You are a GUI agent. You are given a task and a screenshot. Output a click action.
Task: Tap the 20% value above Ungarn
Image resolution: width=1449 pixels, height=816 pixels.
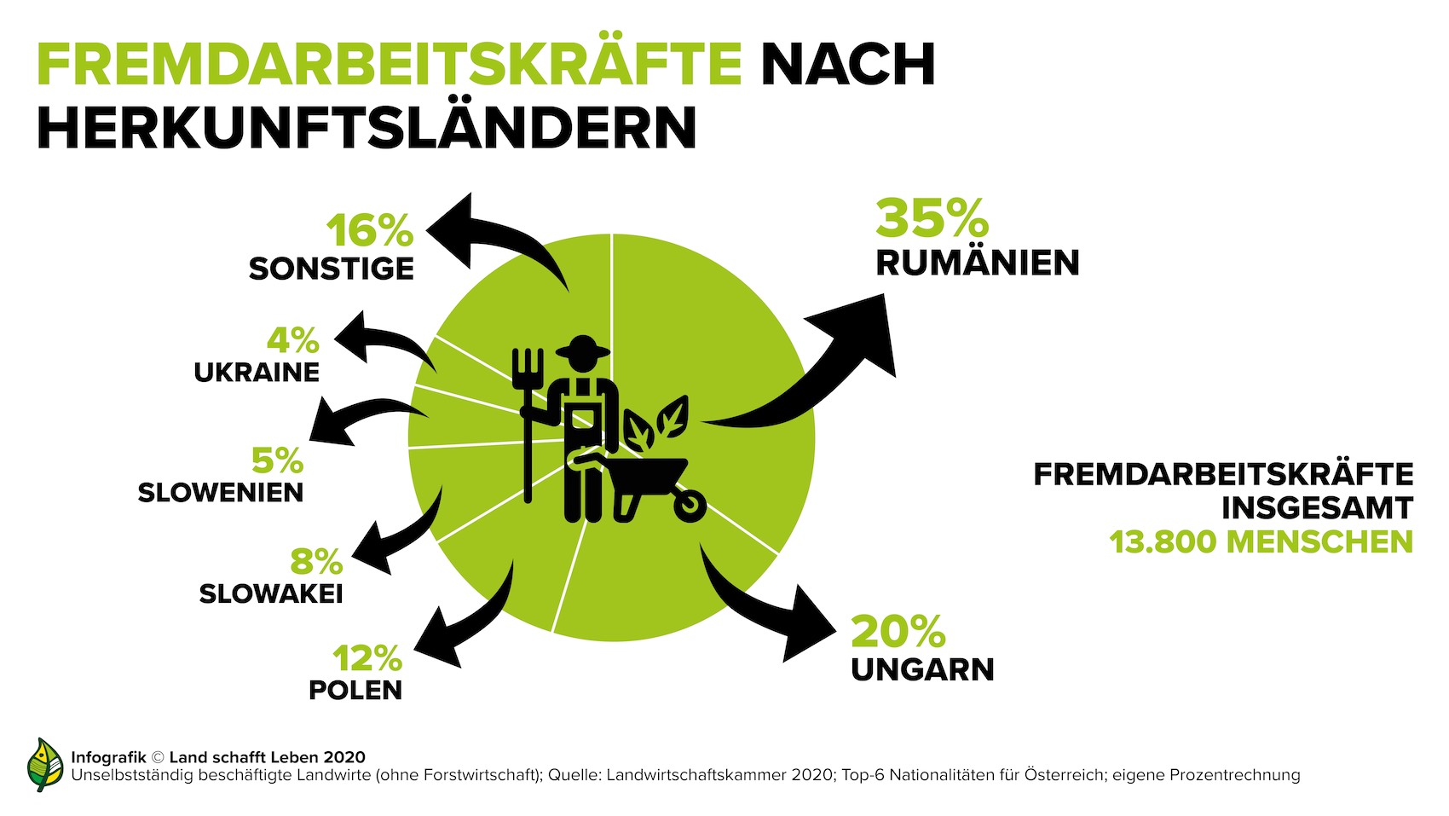tap(898, 632)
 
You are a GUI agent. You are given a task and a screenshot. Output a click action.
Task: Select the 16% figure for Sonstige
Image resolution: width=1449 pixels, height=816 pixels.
tap(370, 230)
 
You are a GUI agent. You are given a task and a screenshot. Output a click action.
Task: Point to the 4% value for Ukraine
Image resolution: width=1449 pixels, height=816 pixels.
tap(293, 341)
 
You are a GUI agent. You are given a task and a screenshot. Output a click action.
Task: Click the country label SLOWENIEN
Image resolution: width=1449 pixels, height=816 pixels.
tap(221, 493)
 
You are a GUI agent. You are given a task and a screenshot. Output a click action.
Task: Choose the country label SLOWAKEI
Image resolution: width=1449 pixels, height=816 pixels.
tap(271, 593)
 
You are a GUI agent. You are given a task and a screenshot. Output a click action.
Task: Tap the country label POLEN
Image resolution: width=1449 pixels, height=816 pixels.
tap(355, 690)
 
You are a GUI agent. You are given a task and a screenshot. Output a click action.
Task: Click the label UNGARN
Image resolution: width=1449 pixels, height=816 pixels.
tap(922, 670)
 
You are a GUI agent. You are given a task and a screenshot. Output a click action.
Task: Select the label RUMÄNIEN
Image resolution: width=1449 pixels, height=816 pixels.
tap(978, 263)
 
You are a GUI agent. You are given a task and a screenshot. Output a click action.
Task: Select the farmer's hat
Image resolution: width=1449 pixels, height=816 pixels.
tap(582, 348)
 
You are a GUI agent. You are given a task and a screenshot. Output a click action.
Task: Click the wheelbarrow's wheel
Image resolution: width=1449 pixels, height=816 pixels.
tap(690, 506)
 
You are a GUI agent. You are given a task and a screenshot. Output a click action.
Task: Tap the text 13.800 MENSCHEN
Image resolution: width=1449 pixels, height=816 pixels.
tap(1261, 542)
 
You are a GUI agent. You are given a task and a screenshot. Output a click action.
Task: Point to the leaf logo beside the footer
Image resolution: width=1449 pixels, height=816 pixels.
tap(45, 764)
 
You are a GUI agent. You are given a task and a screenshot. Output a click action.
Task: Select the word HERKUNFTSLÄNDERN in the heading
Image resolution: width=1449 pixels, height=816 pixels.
tap(367, 128)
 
